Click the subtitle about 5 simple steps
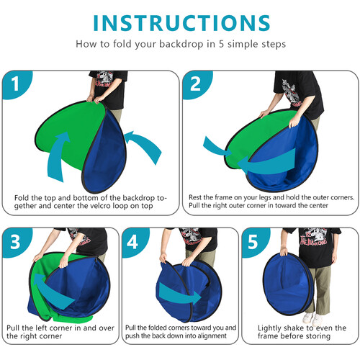click(x=179, y=43)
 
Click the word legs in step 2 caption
click(x=273, y=195)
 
